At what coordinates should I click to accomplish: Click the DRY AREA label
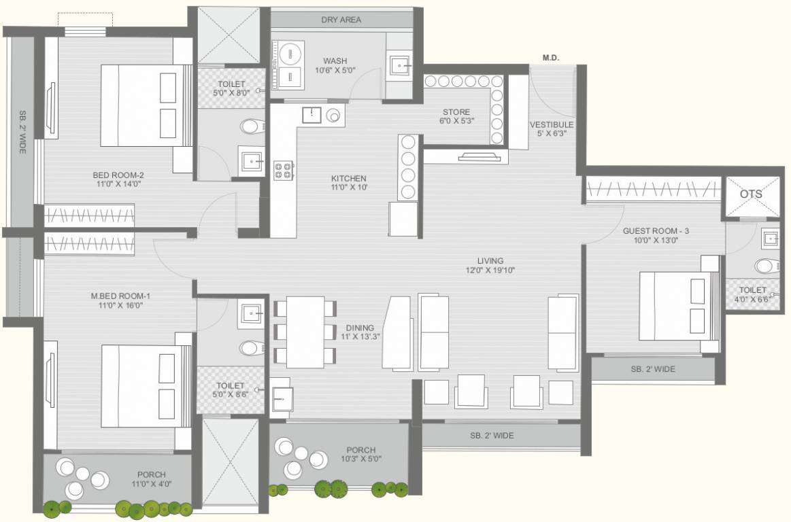341,20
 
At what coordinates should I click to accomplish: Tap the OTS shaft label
751,194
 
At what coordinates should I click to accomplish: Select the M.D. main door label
550,58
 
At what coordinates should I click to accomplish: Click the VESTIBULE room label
552,125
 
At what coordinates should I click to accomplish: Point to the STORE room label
456,112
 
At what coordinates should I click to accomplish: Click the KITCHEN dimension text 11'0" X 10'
350,188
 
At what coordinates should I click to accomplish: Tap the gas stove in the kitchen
283,171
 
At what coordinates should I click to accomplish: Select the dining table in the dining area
305,332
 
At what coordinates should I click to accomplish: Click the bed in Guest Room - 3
679,305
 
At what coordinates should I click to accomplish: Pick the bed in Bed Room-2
147,105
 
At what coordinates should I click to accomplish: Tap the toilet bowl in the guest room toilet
766,265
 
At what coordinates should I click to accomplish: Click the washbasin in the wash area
400,66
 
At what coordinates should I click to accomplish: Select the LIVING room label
490,260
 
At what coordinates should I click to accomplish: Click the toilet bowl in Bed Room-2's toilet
252,126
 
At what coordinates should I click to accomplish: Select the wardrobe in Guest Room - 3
653,190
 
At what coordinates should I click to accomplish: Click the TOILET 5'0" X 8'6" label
230,389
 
